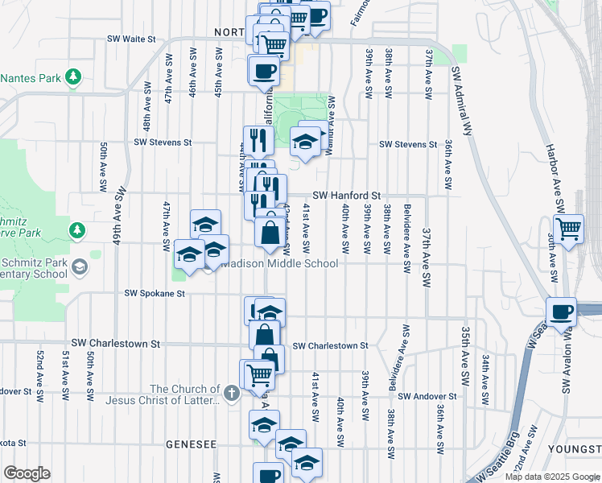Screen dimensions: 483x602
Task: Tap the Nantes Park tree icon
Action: pyautogui.click(x=74, y=77)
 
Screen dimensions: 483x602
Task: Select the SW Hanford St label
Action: pyautogui.click(x=346, y=195)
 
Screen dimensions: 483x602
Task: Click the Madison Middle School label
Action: pyautogui.click(x=280, y=263)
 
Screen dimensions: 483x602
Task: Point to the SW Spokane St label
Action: pyautogui.click(x=155, y=294)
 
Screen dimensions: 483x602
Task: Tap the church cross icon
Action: pyautogui.click(x=232, y=394)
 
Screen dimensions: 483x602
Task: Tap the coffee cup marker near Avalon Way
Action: pyautogui.click(x=561, y=311)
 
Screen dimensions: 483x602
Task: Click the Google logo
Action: pyautogui.click(x=27, y=473)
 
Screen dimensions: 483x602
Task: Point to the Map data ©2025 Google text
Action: pyautogui.click(x=552, y=477)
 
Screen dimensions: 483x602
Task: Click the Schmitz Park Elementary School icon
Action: pyautogui.click(x=80, y=266)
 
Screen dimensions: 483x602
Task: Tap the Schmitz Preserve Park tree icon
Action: pyautogui.click(x=77, y=231)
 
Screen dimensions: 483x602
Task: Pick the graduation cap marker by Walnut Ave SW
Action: pyautogui.click(x=306, y=141)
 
